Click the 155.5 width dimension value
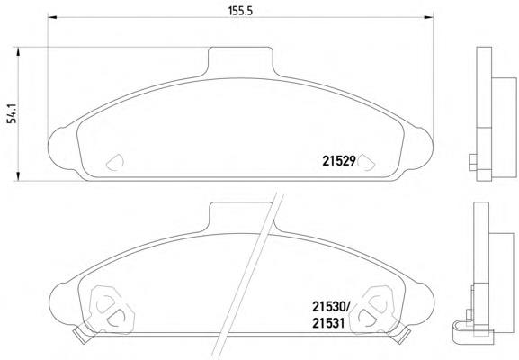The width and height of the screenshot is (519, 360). pyautogui.click(x=240, y=11)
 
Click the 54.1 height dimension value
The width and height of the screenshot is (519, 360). pyautogui.click(x=12, y=113)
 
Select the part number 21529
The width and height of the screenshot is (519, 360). pyautogui.click(x=339, y=161)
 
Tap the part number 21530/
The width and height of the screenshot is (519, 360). pyautogui.click(x=331, y=306)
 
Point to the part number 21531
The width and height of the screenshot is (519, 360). pyautogui.click(x=328, y=322)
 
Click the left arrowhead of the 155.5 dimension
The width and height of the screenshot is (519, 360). pyautogui.click(x=53, y=17)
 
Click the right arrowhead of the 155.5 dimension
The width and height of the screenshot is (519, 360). pyautogui.click(x=429, y=17)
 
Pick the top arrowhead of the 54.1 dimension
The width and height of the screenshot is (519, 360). pyautogui.click(x=18, y=52)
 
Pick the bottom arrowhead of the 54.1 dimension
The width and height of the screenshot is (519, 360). pyautogui.click(x=18, y=176)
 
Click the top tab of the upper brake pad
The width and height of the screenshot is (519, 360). pyautogui.click(x=241, y=60)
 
